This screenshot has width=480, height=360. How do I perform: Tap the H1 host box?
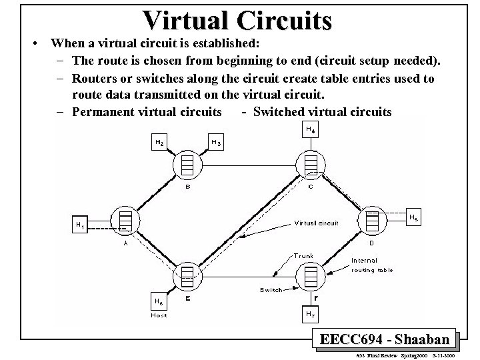[x=79, y=225]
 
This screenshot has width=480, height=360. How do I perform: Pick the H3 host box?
[x=216, y=142]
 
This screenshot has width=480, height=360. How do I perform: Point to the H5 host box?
[x=414, y=217]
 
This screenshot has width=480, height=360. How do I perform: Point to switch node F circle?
[x=311, y=275]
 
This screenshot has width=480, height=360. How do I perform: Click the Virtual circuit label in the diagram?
[x=316, y=223]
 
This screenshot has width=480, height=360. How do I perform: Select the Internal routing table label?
[x=372, y=265]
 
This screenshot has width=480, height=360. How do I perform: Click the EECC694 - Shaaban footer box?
[x=385, y=339]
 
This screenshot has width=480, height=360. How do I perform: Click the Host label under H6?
[x=159, y=315]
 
